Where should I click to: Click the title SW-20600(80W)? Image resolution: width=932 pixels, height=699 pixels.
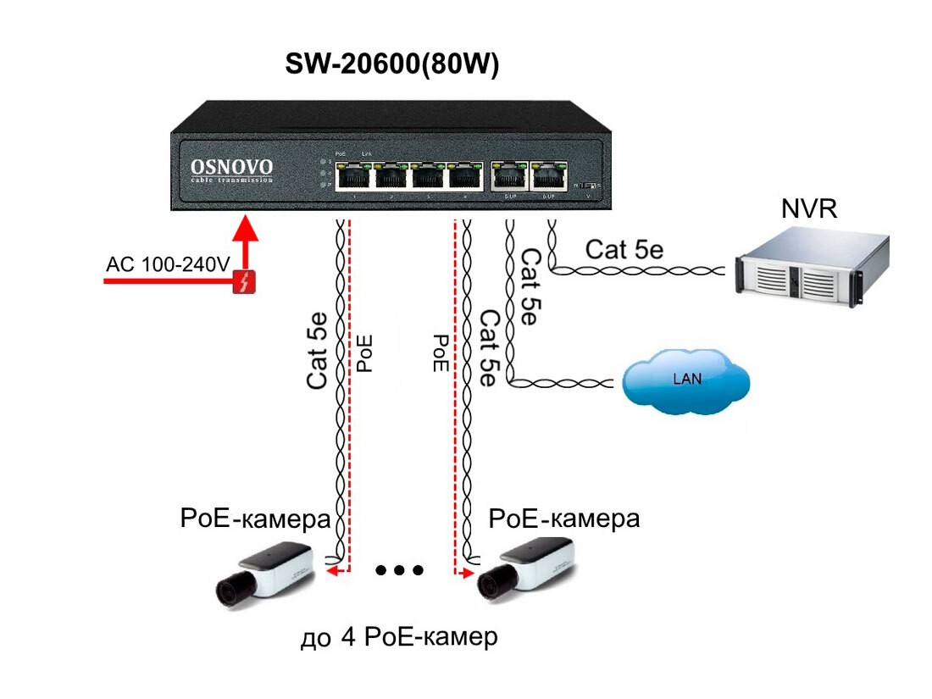pyautogui.click(x=391, y=65)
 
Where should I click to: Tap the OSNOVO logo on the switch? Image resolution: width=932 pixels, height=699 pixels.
pyautogui.click(x=231, y=169)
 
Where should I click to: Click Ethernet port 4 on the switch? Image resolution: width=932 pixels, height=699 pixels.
pyautogui.click(x=465, y=176)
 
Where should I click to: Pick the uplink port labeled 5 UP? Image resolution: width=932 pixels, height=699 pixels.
pyautogui.click(x=509, y=175)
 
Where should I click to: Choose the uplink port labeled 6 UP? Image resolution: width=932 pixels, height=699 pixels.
pyautogui.click(x=549, y=175)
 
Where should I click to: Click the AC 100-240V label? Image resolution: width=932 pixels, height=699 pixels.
pyautogui.click(x=168, y=264)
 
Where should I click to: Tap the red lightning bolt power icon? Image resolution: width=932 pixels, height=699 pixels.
pyautogui.click(x=246, y=281)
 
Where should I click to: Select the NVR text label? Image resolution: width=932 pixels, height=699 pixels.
pyautogui.click(x=808, y=208)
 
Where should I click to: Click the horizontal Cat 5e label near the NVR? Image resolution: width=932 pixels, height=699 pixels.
pyautogui.click(x=624, y=249)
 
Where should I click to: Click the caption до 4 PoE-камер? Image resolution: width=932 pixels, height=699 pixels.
pyautogui.click(x=398, y=637)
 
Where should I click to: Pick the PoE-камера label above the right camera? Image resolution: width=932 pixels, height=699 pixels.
pyautogui.click(x=564, y=518)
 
